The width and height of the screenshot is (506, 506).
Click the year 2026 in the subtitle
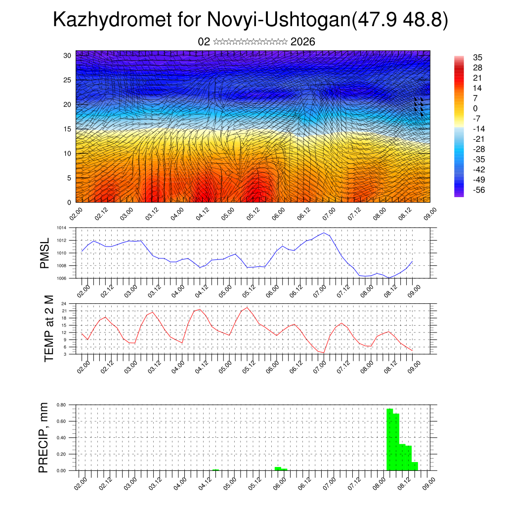(303, 42)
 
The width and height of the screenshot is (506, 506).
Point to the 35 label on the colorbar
(477, 57)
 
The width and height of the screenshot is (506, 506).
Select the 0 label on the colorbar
(475, 108)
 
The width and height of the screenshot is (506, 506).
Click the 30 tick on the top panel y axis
(67, 55)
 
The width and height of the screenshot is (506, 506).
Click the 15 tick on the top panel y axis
(67, 129)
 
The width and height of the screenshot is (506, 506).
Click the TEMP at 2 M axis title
(49, 328)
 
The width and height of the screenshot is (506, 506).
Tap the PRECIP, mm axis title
(44, 437)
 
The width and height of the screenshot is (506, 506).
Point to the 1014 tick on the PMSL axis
(61, 228)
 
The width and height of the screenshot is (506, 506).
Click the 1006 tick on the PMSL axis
(61, 278)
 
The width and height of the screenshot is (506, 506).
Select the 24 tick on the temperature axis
(64, 304)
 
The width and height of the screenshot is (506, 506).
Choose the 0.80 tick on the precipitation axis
(61, 405)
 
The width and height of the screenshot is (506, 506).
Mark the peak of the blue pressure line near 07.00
(324, 233)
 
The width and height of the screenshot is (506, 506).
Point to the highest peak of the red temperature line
(247, 307)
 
